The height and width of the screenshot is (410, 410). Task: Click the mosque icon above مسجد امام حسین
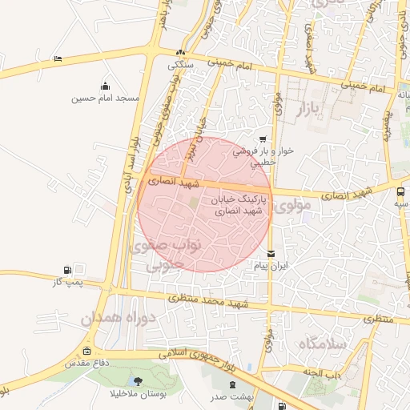(105, 86)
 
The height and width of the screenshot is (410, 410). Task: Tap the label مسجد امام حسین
(105, 98)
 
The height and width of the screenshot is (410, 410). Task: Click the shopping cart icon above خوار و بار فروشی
(263, 139)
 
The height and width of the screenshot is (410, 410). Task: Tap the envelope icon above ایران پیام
(270, 254)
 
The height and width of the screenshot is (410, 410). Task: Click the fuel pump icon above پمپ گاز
(66, 270)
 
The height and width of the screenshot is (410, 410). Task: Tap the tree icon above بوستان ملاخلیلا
(141, 381)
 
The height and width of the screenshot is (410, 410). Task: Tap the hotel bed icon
(57, 58)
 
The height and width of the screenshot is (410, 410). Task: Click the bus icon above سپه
(400, 191)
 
